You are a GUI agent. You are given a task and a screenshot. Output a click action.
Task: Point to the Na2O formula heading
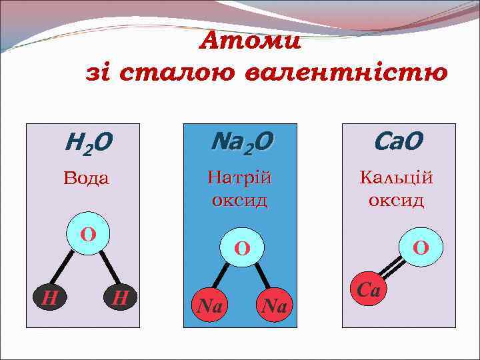click(241, 142)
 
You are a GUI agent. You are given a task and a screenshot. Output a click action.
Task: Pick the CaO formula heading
click(398, 141)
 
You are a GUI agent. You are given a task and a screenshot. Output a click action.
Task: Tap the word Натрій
click(240, 178)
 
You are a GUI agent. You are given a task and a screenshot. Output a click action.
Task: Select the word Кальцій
click(397, 178)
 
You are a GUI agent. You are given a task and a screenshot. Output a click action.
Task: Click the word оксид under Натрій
click(240, 199)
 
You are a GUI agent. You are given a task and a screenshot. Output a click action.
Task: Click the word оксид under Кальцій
click(397, 200)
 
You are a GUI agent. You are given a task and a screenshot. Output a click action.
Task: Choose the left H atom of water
click(49, 297)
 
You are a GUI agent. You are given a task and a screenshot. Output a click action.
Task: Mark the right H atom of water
click(120, 297)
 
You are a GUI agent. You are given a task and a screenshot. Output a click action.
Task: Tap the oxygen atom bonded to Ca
click(421, 248)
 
